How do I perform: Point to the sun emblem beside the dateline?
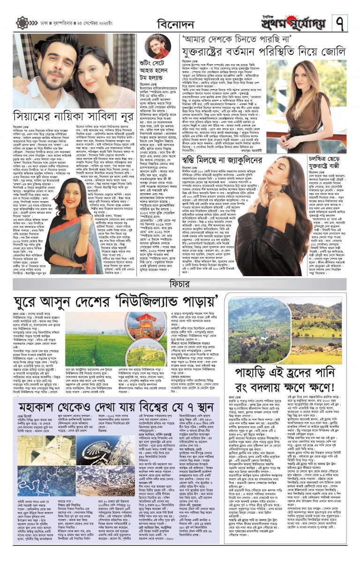[x=22, y=23]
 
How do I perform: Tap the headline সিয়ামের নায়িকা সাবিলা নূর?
[x=68, y=115]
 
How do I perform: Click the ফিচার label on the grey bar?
[x=179, y=283]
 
